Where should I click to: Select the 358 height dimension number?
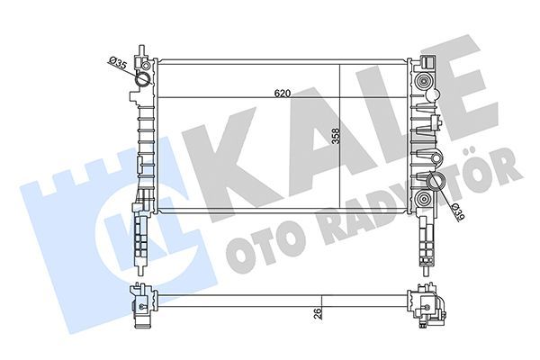click(335, 136)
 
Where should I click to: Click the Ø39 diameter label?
click(458, 211)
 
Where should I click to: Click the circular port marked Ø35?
click(141, 82)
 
